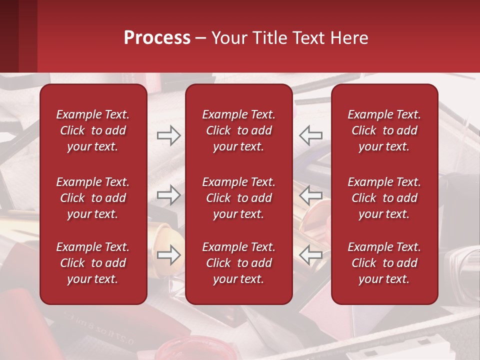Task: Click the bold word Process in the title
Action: tap(157, 38)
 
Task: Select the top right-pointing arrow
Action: tap(168, 135)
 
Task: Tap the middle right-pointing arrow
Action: tap(168, 195)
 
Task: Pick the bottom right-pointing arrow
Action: tap(168, 255)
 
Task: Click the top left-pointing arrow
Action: tap(310, 135)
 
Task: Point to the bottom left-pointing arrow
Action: tap(310, 255)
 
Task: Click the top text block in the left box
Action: tap(93, 130)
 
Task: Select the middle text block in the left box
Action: tap(93, 198)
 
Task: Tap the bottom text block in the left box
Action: tap(93, 263)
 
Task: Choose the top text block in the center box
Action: tap(239, 130)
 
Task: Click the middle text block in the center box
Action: tap(239, 198)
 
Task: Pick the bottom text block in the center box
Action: tap(239, 263)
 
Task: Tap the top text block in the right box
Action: tap(384, 130)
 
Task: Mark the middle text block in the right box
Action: tap(384, 198)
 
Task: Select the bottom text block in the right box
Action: tap(384, 263)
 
